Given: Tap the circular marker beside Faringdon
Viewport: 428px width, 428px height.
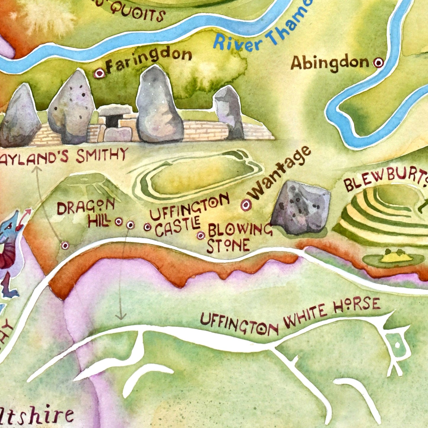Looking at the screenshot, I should click(x=100, y=73).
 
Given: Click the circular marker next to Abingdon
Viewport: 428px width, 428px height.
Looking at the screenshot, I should click(x=379, y=63).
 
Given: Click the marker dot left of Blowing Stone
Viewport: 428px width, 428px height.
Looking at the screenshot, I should click(x=201, y=235).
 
